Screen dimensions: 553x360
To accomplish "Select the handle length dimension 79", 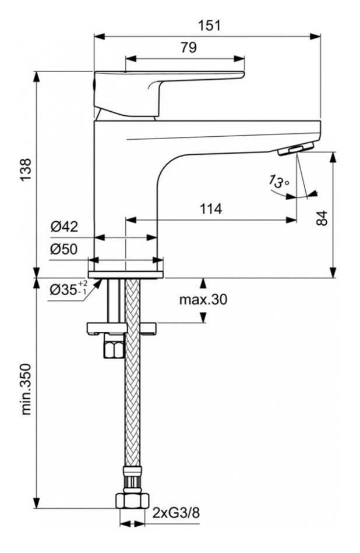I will pos(188,48).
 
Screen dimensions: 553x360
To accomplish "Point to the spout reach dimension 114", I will pos(211,210).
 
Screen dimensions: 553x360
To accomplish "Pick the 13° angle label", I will pos(279,182).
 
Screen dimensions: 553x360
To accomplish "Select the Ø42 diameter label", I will pos(63,227).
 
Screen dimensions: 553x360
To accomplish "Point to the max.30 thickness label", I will pos(202,300).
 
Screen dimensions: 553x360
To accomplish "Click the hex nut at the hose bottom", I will pos(133,502).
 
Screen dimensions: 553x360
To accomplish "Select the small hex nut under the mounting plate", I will pos(113,350).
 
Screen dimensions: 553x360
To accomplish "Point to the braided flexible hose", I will pos(133,407).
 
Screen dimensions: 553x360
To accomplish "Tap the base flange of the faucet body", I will pos(125,273).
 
